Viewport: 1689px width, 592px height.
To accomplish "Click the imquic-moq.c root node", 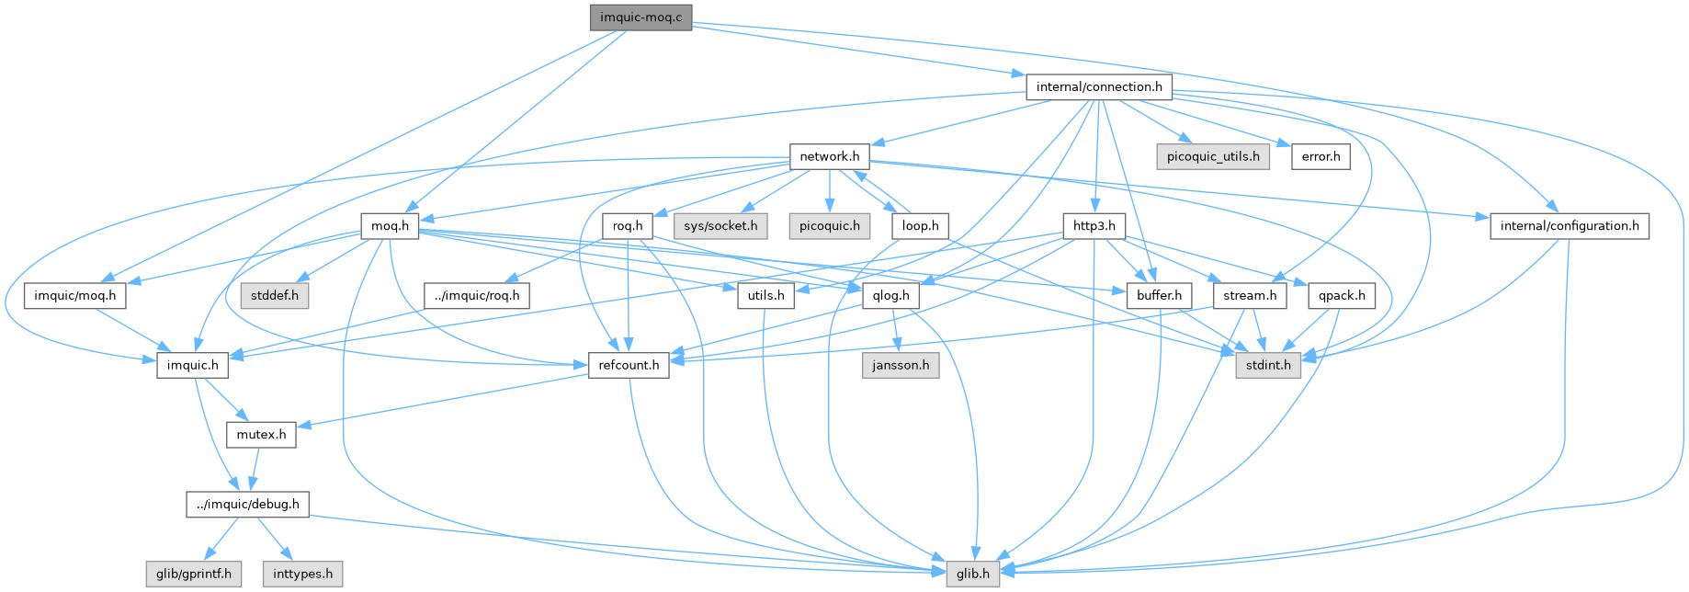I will point(640,17).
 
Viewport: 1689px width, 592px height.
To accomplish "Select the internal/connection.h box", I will point(1098,87).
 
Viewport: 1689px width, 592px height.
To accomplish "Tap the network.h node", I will point(829,156).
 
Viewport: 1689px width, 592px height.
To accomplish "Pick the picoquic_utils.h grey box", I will point(1213,156).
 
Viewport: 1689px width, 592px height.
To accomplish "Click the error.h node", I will point(1321,156).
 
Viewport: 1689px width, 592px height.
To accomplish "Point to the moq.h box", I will point(390,226).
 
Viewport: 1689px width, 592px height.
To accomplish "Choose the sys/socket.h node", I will point(720,226).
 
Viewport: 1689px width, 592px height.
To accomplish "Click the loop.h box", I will point(920,226).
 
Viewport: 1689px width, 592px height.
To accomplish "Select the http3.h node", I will point(1094,226).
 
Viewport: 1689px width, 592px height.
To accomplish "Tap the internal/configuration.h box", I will point(1570,226).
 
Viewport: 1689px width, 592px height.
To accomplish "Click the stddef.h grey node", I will point(275,296).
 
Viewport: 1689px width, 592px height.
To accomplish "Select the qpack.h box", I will point(1343,296).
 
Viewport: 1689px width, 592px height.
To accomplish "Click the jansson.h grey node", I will point(901,365).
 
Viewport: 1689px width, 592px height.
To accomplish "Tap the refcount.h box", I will point(629,365).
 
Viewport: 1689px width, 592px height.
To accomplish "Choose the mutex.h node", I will point(261,435).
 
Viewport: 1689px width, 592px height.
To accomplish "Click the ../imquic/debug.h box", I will point(247,505).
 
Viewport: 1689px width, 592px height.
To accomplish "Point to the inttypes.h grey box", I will point(302,575).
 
